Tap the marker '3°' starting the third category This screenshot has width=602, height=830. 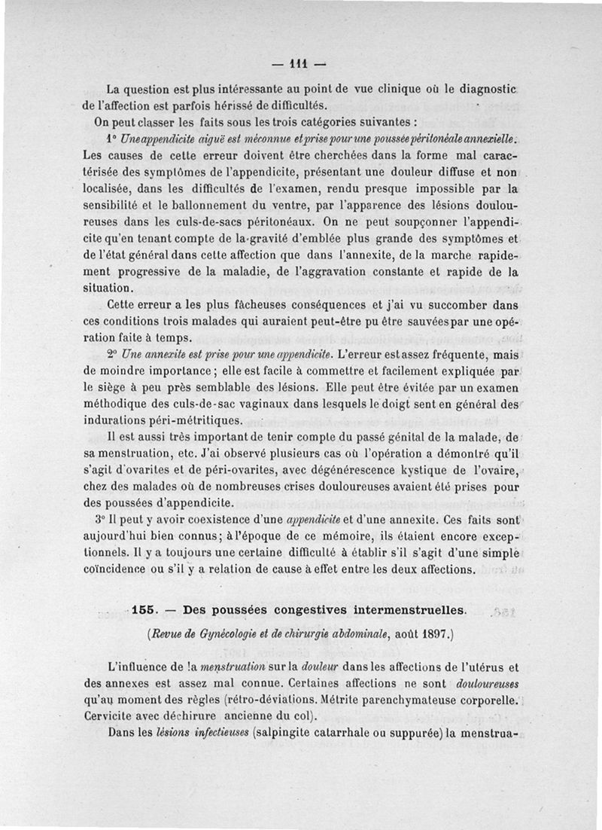113,519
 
